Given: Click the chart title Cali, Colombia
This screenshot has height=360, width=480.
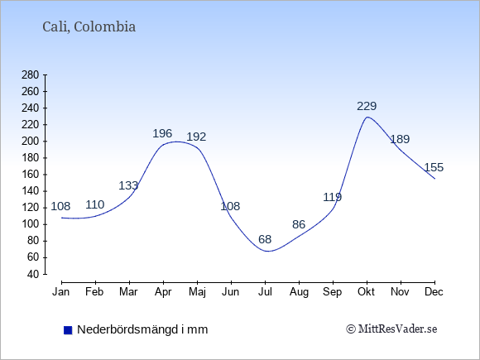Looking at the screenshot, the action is point(89,27).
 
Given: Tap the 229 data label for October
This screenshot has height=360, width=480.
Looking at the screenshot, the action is point(367,106).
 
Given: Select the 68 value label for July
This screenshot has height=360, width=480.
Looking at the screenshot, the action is point(265,239).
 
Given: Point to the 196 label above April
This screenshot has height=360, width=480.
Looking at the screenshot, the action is point(162,133).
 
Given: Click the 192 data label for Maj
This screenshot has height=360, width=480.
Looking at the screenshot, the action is point(196,137).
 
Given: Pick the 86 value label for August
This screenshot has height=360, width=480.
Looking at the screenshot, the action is point(299,224).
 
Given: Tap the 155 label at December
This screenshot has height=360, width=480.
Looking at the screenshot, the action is point(434,167).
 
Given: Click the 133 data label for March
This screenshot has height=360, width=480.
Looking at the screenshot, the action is point(128,185).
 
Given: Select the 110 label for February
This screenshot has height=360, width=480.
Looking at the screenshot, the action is point(95,204).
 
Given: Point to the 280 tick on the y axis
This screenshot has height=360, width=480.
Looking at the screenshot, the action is point(31,75).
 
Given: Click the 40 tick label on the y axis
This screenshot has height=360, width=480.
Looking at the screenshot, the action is point(33,274).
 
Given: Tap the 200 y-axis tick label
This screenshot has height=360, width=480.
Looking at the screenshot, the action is point(31,142).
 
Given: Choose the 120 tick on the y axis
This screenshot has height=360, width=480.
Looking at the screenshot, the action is point(31,208).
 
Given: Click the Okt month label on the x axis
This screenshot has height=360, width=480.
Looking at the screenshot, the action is point(366,292).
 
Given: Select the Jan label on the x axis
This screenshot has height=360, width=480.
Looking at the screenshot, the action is point(61,292).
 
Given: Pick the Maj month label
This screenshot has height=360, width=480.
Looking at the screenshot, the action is point(197,292).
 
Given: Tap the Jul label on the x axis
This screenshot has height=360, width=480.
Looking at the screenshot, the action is point(265,292).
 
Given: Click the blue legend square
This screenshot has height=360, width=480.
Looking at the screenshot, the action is point(68,330).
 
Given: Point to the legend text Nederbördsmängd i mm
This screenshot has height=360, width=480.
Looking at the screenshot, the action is point(142,329).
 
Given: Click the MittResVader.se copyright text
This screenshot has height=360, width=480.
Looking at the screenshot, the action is point(391,329).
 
